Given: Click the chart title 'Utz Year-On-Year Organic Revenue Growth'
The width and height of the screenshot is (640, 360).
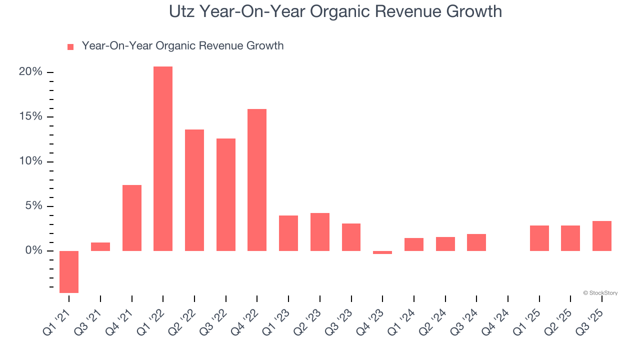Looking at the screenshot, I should (x=335, y=11).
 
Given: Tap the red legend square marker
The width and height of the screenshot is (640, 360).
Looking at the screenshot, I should (x=70, y=46).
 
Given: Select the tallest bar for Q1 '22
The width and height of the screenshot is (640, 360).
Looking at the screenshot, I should (x=163, y=158).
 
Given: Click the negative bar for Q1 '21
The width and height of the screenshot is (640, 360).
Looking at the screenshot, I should (x=69, y=271).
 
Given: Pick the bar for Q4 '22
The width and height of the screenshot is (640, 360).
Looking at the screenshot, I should (x=257, y=180).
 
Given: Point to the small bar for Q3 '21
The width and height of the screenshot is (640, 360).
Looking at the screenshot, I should (x=100, y=246).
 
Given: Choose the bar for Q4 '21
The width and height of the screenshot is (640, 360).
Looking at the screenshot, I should (x=132, y=218).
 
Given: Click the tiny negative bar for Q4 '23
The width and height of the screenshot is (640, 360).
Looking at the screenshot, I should (x=382, y=252).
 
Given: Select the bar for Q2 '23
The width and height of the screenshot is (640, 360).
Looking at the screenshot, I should (x=320, y=232).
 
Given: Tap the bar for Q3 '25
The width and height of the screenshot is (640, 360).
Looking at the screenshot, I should (x=602, y=236).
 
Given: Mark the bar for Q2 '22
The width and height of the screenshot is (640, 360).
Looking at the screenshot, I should (x=194, y=190).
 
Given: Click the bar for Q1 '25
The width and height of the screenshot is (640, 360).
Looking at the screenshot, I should (x=539, y=238).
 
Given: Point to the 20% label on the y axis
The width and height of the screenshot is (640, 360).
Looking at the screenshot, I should (x=30, y=72).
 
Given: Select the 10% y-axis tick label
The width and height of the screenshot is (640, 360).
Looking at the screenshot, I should (x=30, y=161).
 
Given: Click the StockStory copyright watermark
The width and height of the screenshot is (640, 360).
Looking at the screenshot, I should (x=600, y=293).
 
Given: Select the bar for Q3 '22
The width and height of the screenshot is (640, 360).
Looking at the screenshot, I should (x=226, y=194).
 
